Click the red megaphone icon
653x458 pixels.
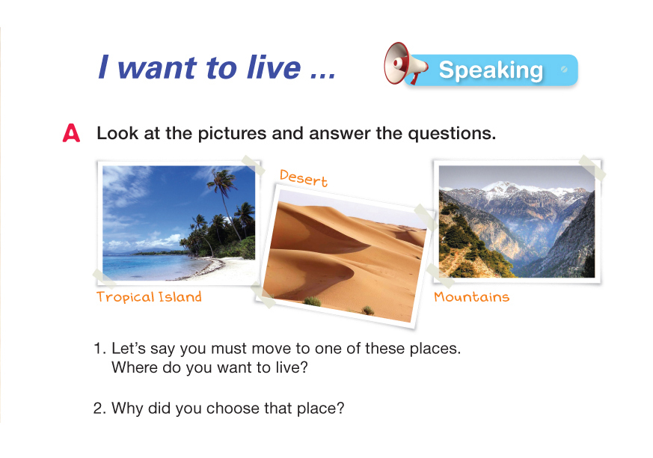tap(405, 64)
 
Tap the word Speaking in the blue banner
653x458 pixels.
tap(491, 70)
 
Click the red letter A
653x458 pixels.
tap(71, 133)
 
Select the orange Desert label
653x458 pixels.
tap(303, 178)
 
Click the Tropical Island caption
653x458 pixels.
tap(149, 296)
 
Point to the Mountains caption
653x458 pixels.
tap(471, 296)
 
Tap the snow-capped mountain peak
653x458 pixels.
tap(505, 188)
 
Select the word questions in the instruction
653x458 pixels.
tap(452, 134)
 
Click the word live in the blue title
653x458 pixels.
tap(274, 67)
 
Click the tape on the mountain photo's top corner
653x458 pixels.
tap(592, 168)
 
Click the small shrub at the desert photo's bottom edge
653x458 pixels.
tap(313, 301)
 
